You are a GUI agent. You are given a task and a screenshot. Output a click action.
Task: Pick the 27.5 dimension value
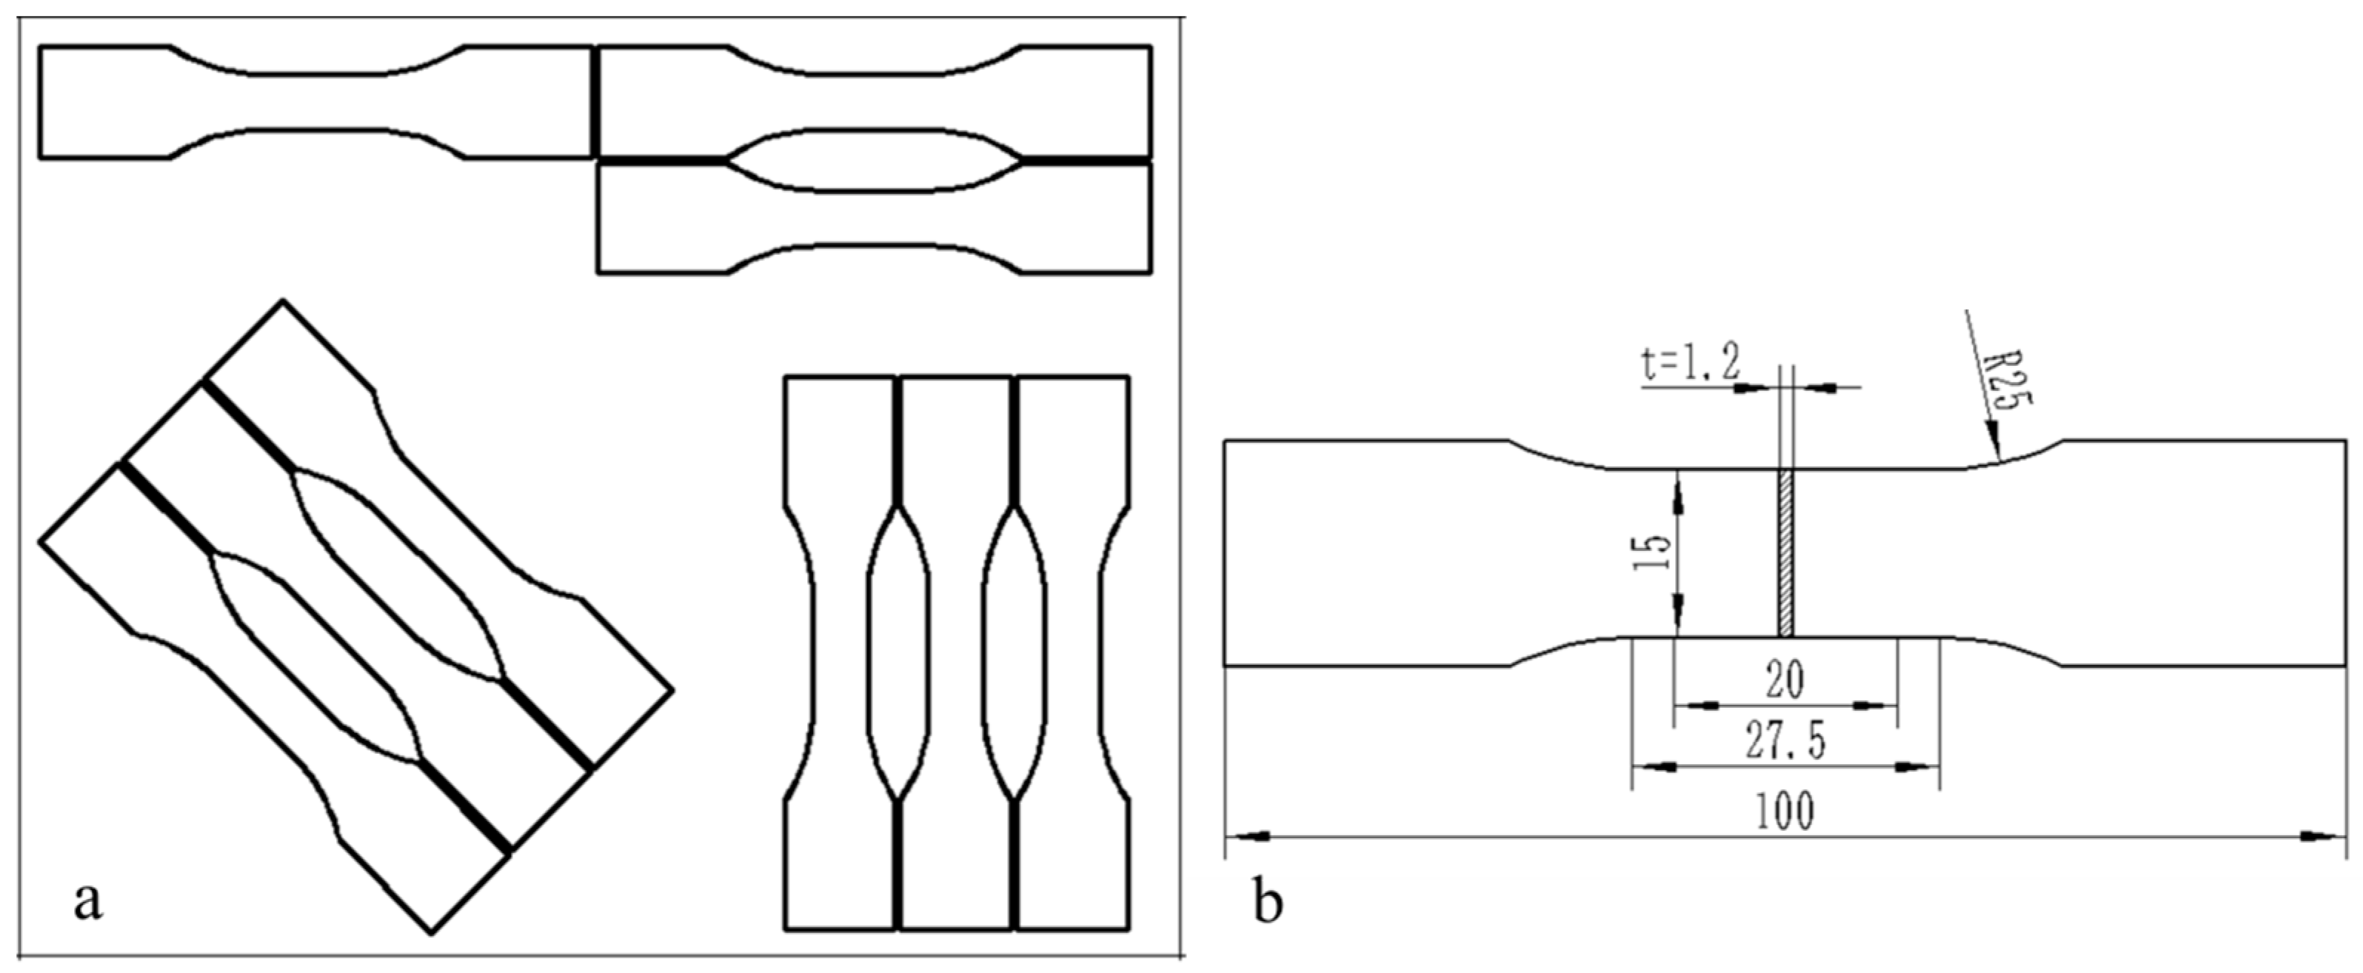click(x=1784, y=743)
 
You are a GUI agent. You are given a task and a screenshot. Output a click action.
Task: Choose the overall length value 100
click(x=1784, y=812)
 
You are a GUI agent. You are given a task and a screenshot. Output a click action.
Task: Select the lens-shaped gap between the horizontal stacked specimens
click(x=872, y=161)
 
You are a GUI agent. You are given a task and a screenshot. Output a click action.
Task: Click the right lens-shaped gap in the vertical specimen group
click(x=1014, y=652)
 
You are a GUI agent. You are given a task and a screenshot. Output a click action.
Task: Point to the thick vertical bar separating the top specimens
click(x=595, y=101)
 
